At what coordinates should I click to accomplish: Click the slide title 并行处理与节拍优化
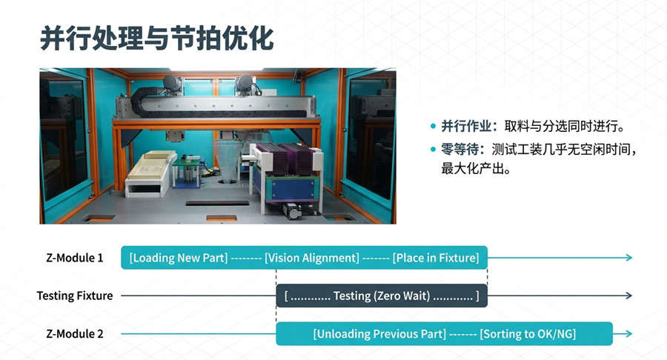point(156,39)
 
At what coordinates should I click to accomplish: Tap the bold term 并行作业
point(466,126)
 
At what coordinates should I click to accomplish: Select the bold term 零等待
point(459,150)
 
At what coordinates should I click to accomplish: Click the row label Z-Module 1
point(74,258)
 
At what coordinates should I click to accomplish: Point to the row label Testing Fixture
point(74,296)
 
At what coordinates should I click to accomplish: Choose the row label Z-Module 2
point(74,333)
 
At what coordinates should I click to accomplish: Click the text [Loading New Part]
point(179,258)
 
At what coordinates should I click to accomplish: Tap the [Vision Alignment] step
point(312,258)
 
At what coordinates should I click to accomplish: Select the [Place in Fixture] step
point(436,258)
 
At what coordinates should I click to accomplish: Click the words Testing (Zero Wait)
point(382,296)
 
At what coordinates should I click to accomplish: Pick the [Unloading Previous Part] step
point(379,333)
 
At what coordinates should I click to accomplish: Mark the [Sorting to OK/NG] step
point(528,333)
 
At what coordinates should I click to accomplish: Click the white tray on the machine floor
point(150,173)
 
